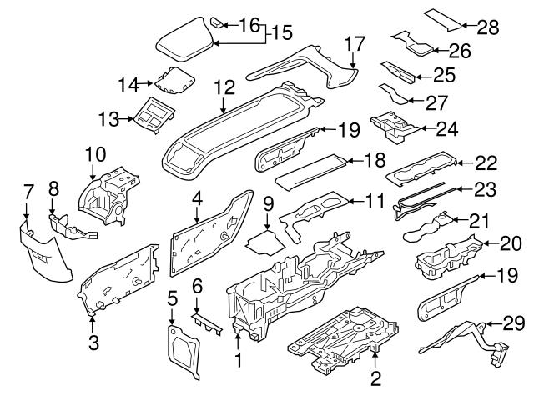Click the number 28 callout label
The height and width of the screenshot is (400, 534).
click(x=487, y=27)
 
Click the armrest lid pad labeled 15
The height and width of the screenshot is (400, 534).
click(x=183, y=42)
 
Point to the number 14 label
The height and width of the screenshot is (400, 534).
click(x=128, y=84)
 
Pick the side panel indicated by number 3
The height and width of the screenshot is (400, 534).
click(x=117, y=279)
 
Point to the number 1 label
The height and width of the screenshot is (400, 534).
click(x=239, y=361)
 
